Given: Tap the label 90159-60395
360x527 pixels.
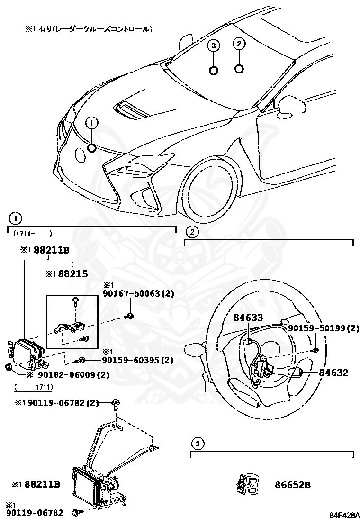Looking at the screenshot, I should tap(137, 361).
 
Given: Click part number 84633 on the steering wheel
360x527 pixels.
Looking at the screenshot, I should tap(248, 318).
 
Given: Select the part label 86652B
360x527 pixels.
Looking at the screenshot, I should tap(293, 485).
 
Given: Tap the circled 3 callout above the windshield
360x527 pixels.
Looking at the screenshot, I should tap(214, 45).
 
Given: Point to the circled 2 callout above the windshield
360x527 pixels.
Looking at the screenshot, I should tap(239, 44).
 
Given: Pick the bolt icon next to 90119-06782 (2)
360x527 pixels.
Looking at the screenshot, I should tap(116, 403).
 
